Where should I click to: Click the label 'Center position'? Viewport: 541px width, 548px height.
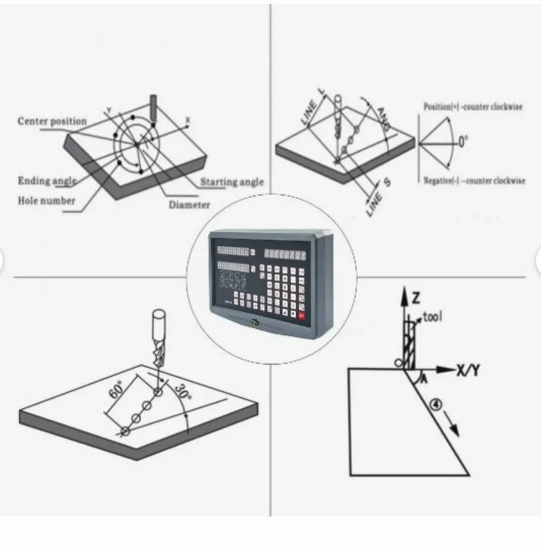click(x=52, y=121)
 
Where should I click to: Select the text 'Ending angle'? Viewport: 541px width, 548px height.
click(x=47, y=181)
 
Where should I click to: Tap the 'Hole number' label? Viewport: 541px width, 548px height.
click(x=46, y=200)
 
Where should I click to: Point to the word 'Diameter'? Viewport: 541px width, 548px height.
click(x=189, y=205)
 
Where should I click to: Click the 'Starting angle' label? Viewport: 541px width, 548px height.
click(x=232, y=182)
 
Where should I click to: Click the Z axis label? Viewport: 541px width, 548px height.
click(x=416, y=298)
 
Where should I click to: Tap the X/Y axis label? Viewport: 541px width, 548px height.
click(x=468, y=370)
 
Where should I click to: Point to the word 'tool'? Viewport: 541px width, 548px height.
click(x=432, y=316)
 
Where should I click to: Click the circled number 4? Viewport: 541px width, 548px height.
click(x=437, y=404)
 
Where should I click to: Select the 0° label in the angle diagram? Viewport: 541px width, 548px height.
click(x=463, y=142)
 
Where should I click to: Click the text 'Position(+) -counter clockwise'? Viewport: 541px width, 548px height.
click(x=473, y=107)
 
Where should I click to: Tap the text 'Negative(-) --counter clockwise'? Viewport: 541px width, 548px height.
click(x=474, y=181)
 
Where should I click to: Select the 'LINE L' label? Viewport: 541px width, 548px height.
click(x=313, y=108)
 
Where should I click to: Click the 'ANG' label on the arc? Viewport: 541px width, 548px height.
click(x=383, y=118)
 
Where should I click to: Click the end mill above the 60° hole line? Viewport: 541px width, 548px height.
click(x=158, y=338)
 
